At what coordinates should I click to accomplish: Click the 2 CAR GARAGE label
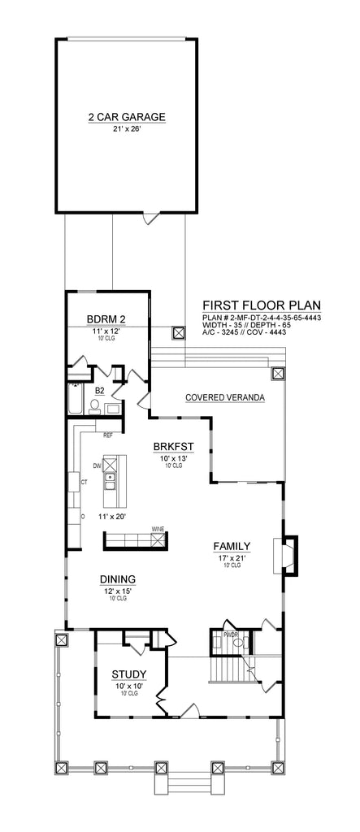pyautogui.click(x=126, y=117)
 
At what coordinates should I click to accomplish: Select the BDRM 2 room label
pyautogui.click(x=106, y=319)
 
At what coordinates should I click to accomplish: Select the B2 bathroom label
pyautogui.click(x=100, y=392)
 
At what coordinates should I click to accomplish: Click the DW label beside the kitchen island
pyautogui.click(x=97, y=466)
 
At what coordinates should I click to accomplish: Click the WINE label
pyautogui.click(x=157, y=529)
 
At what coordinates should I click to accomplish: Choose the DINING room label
pyautogui.click(x=117, y=578)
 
